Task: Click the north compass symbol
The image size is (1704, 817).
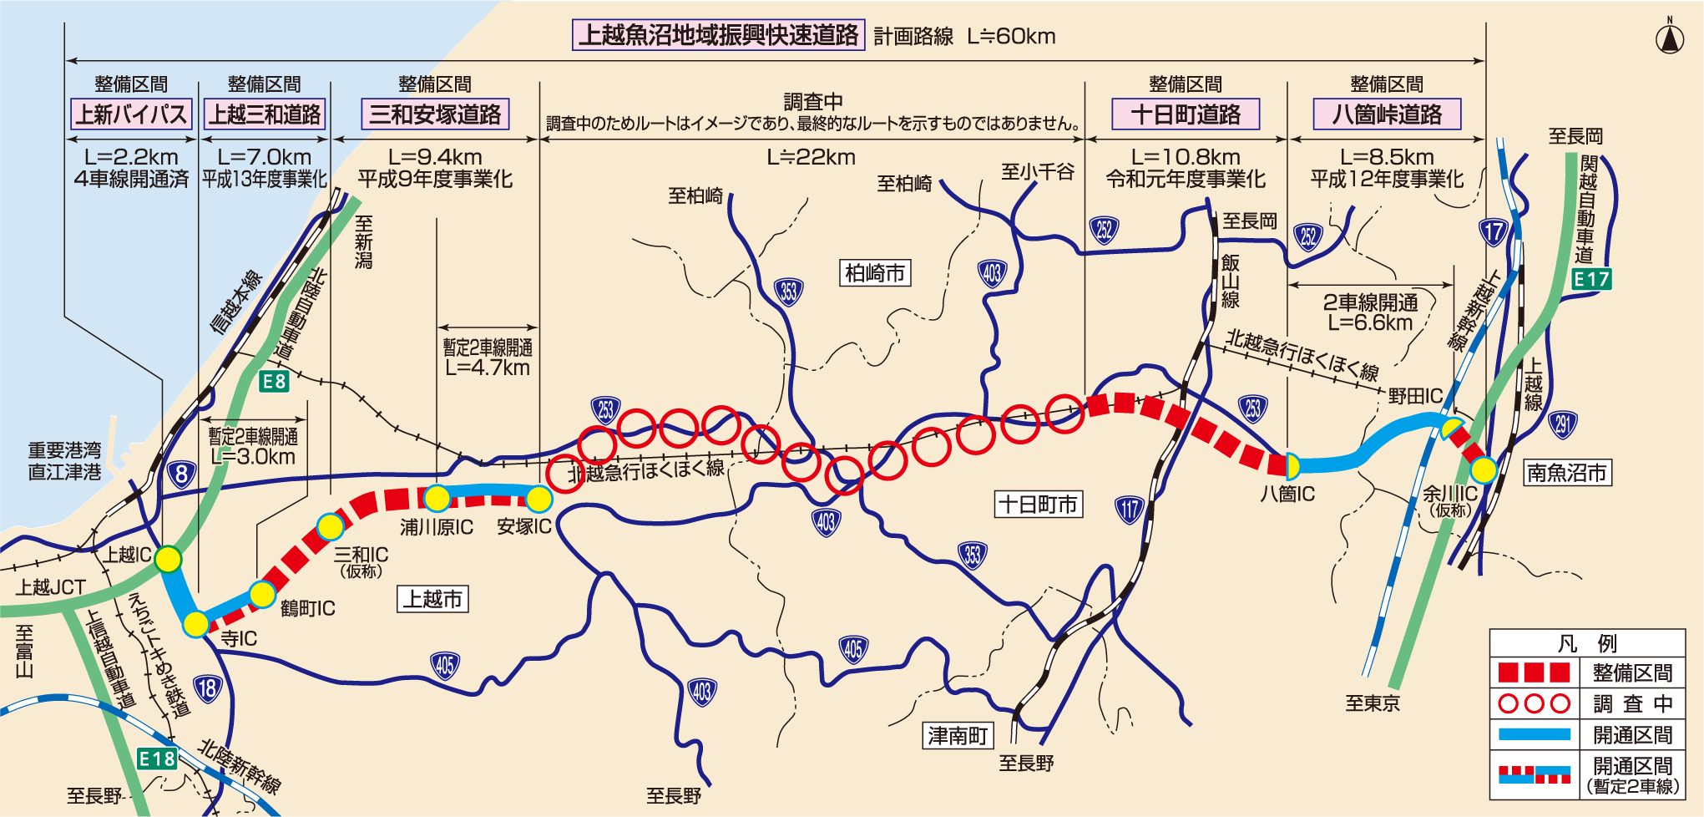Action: click(1670, 38)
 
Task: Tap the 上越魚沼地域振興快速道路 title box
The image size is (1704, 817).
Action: click(718, 35)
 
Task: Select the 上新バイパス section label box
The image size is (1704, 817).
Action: click(131, 114)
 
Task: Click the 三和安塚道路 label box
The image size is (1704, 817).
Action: click(435, 114)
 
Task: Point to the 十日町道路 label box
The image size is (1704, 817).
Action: click(1186, 114)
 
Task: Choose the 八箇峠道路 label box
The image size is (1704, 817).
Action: click(1387, 114)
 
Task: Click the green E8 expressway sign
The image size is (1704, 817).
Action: click(274, 382)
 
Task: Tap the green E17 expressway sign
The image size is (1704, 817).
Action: click(1591, 279)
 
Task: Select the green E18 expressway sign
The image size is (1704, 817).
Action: click(157, 759)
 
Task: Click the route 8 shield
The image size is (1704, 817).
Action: click(181, 474)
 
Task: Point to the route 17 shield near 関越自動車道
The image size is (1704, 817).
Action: click(1494, 231)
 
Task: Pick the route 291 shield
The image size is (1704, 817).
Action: click(1563, 424)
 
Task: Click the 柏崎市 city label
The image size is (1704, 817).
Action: click(874, 273)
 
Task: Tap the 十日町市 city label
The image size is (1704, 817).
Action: click(1039, 505)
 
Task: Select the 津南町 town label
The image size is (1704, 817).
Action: click(958, 736)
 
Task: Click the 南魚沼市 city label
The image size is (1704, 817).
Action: click(1567, 473)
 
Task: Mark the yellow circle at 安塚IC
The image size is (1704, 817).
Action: click(539, 499)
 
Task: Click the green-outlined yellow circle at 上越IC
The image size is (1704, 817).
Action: click(168, 559)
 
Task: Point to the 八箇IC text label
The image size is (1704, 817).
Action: click(1287, 495)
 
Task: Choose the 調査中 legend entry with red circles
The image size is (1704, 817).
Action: click(1586, 703)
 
